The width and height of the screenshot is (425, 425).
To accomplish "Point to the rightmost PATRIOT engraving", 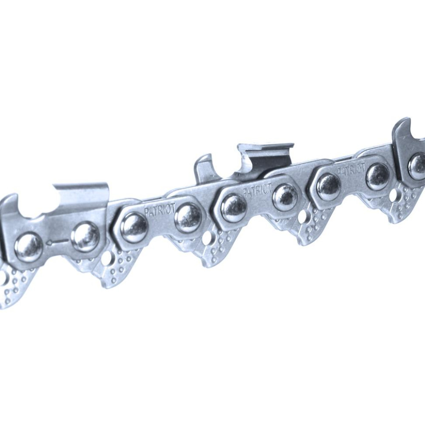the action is [351, 170].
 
